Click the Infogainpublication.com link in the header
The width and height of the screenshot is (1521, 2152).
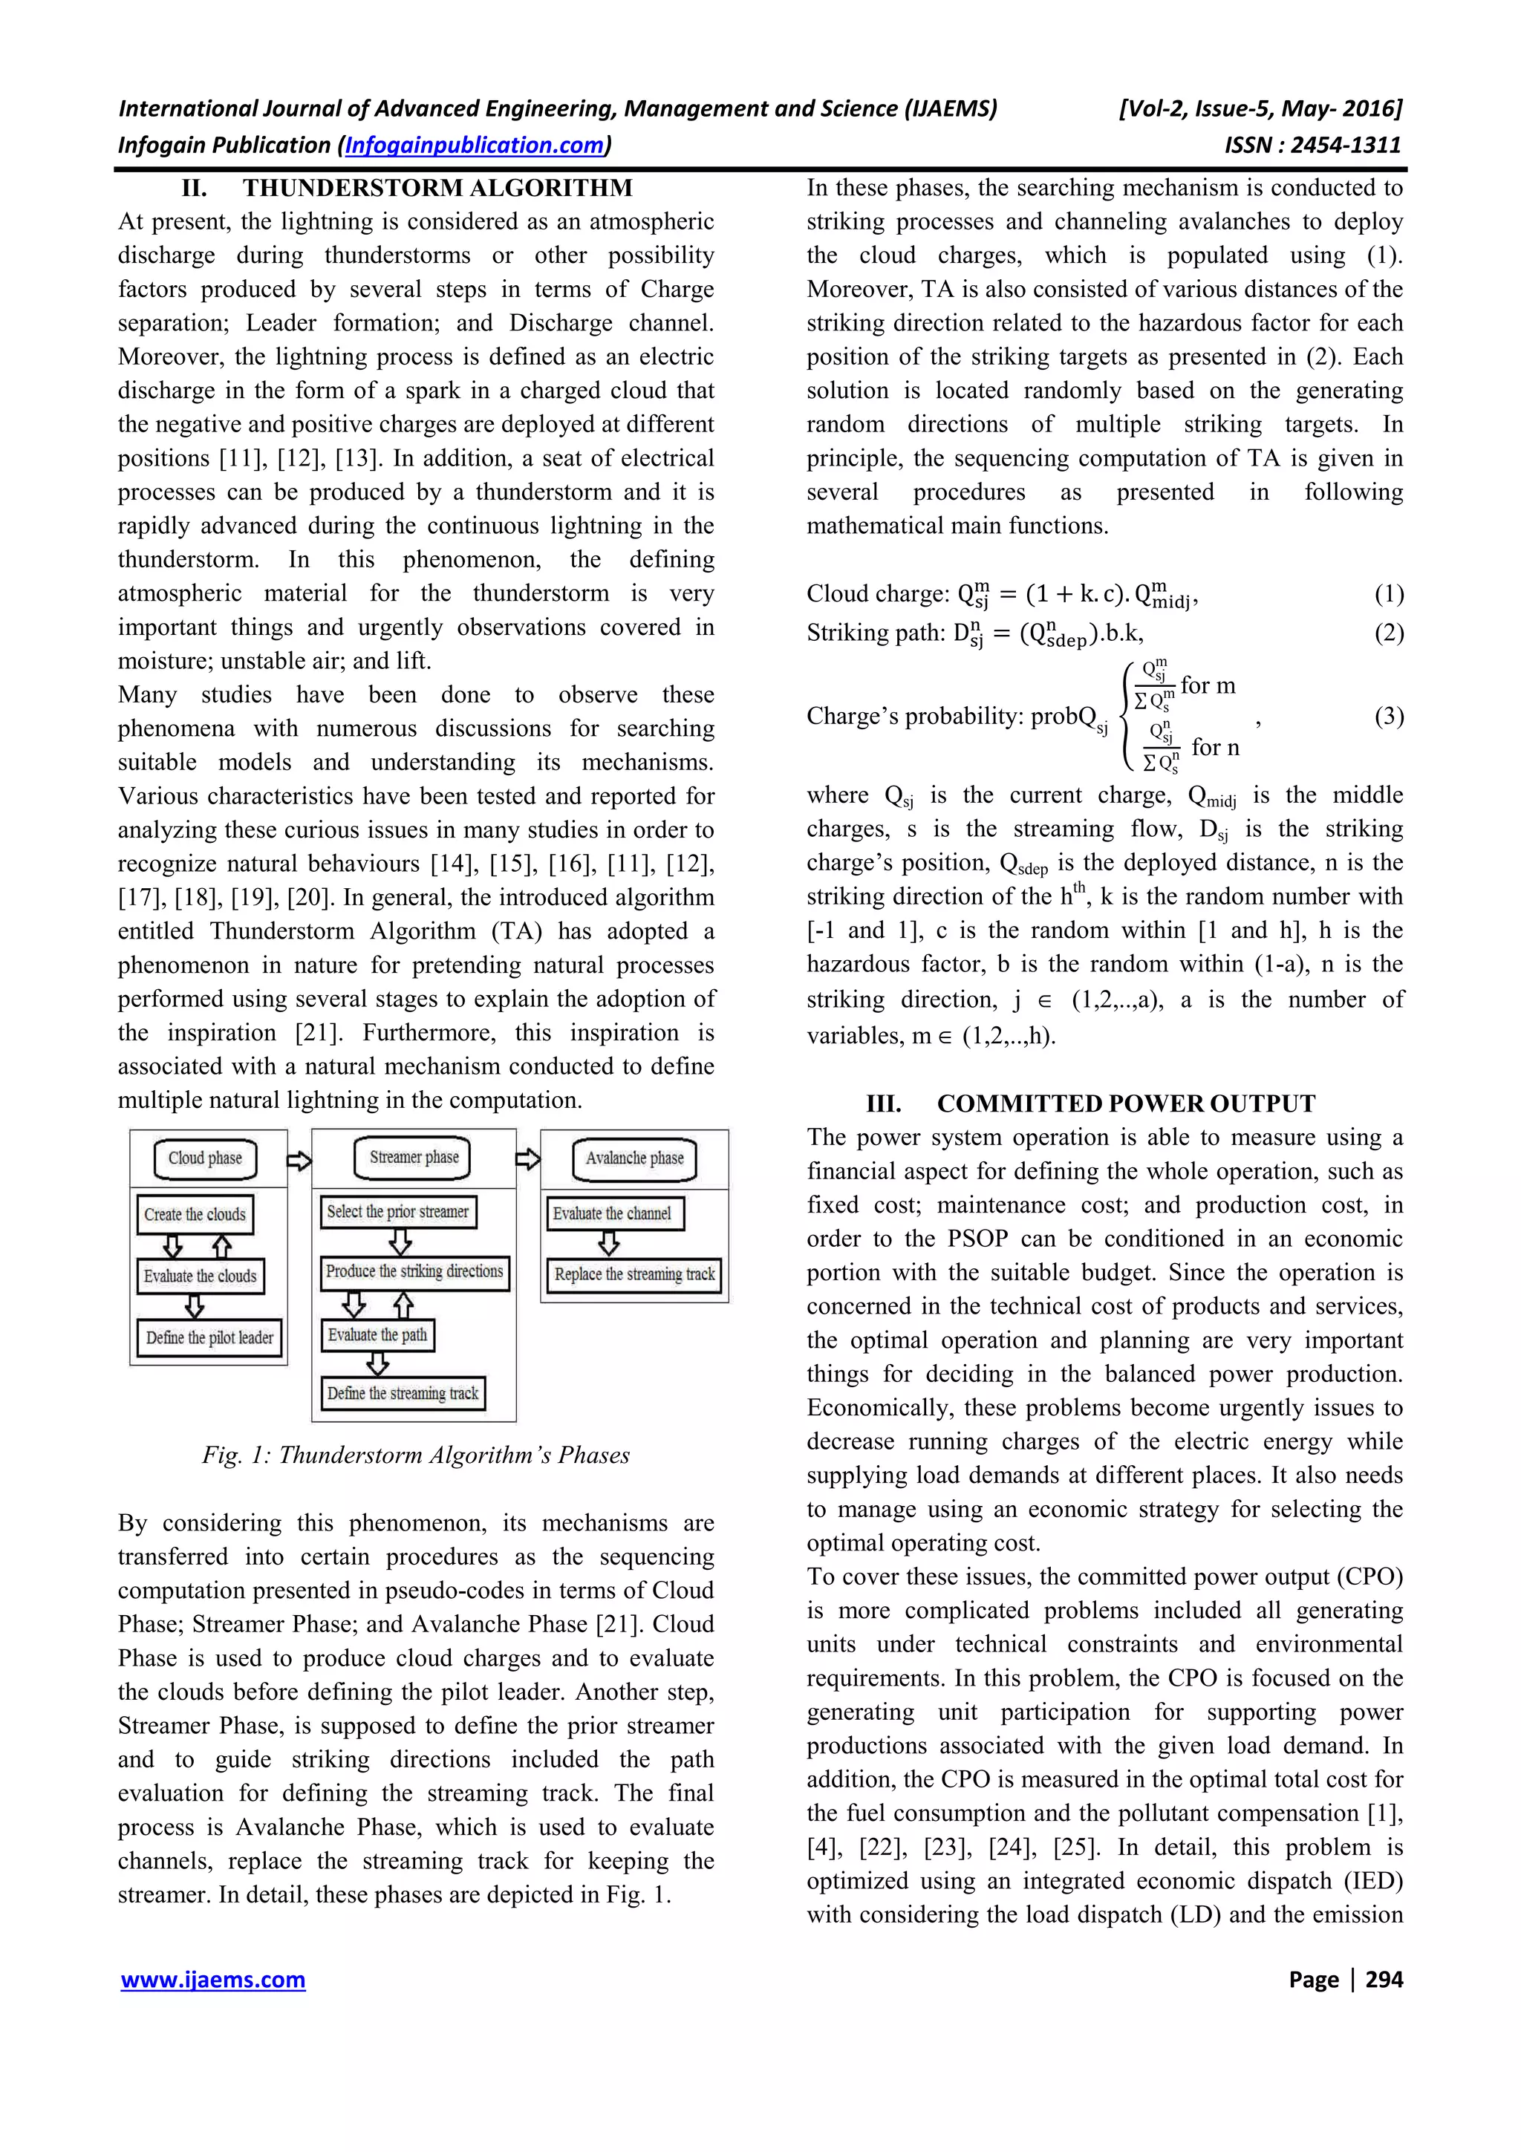pos(475,146)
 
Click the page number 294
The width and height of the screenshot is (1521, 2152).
pos(1384,1980)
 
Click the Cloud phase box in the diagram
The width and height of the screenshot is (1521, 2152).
pos(205,1158)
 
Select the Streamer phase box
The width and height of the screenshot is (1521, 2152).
pos(413,1158)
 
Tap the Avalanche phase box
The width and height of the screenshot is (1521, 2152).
pos(634,1158)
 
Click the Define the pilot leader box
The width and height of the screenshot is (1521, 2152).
pos(209,1337)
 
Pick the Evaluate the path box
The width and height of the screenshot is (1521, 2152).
pos(377,1334)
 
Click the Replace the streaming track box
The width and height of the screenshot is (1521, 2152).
pos(634,1275)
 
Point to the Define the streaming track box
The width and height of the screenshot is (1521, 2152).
pos(403,1394)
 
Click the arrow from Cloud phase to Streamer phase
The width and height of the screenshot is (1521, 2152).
pos(299,1161)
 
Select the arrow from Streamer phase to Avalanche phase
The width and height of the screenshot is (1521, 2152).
pos(527,1159)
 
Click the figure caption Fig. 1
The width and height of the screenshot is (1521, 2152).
pos(415,1455)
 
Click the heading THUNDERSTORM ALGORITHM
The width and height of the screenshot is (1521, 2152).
pos(437,189)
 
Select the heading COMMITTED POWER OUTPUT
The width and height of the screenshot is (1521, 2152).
pos(1125,1103)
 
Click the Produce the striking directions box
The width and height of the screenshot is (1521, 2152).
pos(414,1272)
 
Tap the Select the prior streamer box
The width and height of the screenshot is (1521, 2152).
pos(397,1212)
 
